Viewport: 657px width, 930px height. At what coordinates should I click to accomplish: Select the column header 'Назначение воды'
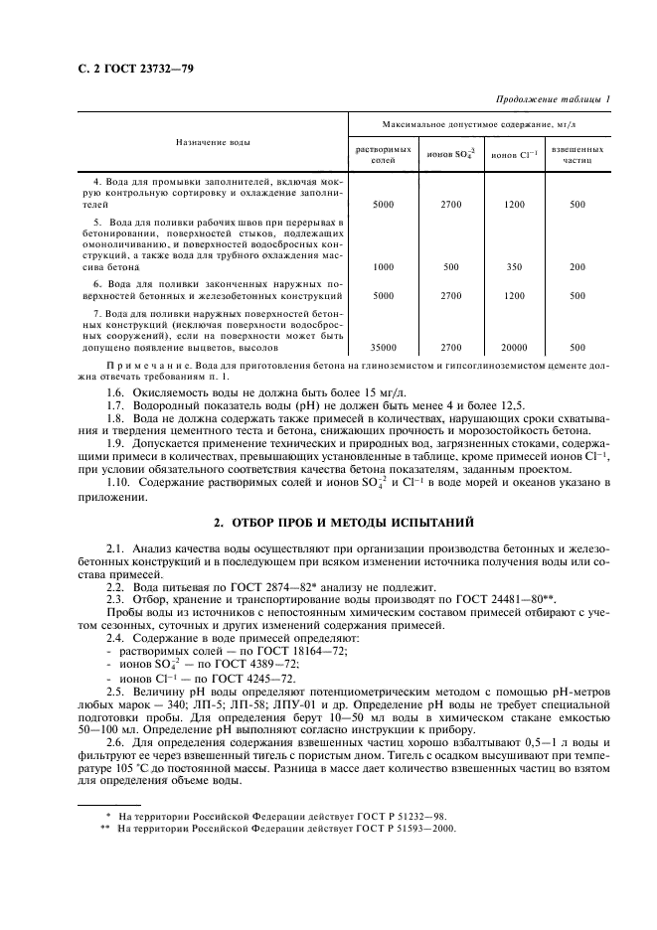[213, 142]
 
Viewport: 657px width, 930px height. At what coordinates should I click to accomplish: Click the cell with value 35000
[382, 347]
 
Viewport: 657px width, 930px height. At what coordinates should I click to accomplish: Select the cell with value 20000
[514, 347]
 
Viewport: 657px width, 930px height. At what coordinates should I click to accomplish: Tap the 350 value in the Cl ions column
[514, 266]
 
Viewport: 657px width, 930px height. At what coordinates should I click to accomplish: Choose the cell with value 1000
[382, 266]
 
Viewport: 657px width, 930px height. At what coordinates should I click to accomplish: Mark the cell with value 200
[577, 266]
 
